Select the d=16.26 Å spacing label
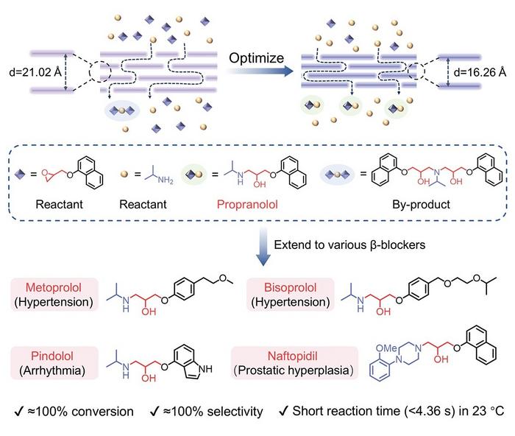[480, 73]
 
